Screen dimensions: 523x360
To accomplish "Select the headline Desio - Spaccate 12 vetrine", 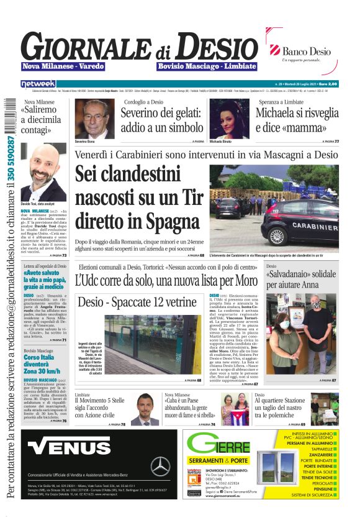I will [137, 302].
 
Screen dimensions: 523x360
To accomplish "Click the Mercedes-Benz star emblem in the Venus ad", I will [160, 465].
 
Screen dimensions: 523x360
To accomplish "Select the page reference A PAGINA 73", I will [56, 255].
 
